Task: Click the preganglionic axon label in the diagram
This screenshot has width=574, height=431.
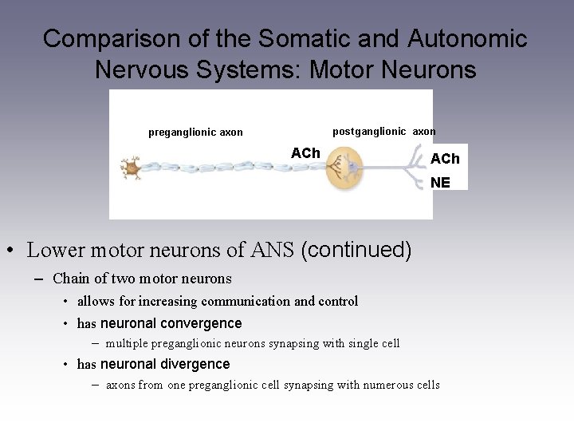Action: pos(195,132)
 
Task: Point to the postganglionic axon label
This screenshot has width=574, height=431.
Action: pos(383,131)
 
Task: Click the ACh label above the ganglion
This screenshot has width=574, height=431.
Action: pos(305,152)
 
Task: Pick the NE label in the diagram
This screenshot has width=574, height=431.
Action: pos(440,183)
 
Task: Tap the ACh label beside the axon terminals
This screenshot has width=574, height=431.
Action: pos(445,159)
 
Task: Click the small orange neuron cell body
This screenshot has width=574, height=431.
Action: pos(129,168)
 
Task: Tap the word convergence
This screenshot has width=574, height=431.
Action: pos(202,323)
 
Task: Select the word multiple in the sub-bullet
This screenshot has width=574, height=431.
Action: pos(127,343)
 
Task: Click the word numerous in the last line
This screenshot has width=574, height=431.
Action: pos(388,385)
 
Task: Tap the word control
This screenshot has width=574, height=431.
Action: pos(338,301)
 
